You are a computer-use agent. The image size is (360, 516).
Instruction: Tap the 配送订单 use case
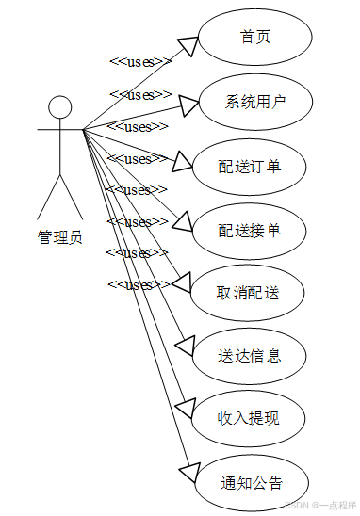point(249,167)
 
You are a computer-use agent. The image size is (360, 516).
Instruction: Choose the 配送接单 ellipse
point(249,230)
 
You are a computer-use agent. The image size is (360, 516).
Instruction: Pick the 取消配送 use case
point(249,294)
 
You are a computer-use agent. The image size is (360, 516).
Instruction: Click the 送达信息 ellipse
point(249,356)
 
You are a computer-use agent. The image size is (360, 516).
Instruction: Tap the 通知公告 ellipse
point(252,483)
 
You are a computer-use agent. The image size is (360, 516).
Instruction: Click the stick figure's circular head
point(60,106)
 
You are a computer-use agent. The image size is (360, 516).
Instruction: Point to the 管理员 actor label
point(59,237)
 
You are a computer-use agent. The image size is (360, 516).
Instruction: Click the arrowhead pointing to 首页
point(187,48)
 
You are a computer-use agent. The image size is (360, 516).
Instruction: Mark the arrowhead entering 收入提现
point(185,408)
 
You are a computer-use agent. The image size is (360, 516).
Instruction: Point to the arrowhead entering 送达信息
point(185,345)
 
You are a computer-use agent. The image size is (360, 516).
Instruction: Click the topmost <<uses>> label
point(140,62)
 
